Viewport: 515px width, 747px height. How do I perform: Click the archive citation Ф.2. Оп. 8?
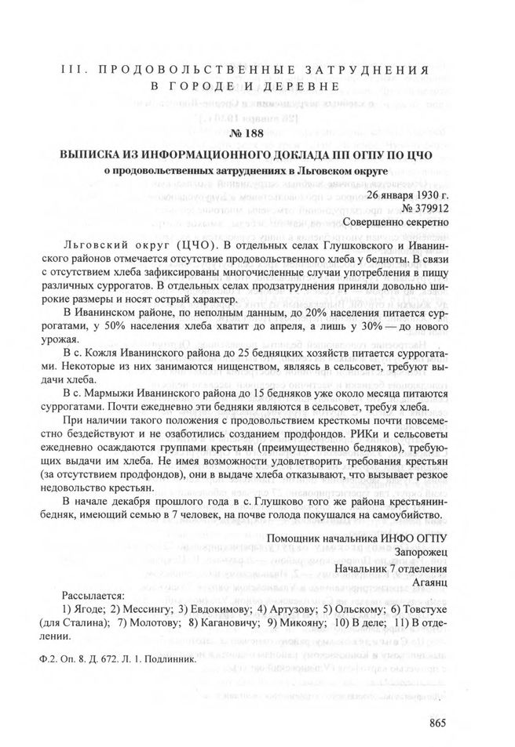pyautogui.click(x=68, y=658)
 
